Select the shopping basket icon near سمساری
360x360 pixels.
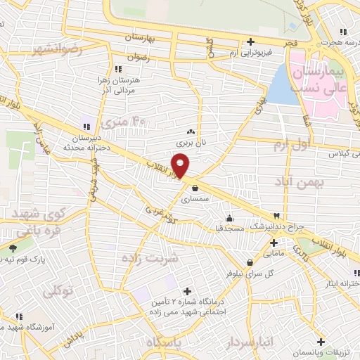pos(194,187)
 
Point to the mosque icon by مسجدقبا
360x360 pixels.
pos(229,217)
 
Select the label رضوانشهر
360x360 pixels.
pos(57,50)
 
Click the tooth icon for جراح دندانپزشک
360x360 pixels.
pos(277,215)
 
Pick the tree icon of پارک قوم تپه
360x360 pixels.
pos(13,248)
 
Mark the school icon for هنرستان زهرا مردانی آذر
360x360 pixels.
pos(117,69)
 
